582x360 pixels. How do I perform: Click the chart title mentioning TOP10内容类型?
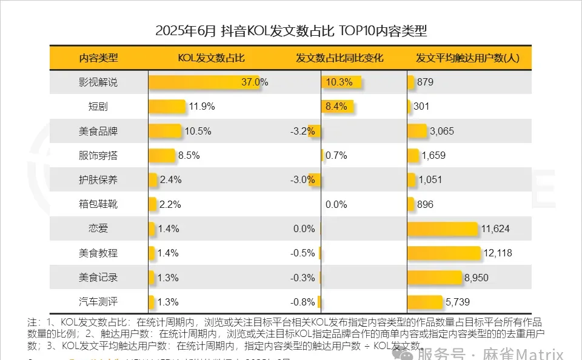(291, 31)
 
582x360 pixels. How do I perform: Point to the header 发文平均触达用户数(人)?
(467, 59)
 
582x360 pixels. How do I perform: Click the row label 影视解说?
(98, 82)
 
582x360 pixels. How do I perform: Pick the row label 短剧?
(98, 107)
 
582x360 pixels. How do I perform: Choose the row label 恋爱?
(98, 228)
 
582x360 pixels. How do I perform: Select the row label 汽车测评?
(98, 302)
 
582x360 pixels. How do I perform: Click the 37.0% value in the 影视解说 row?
(254, 82)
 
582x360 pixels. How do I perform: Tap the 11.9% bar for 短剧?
(167, 107)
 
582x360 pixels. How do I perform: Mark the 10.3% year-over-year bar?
(341, 82)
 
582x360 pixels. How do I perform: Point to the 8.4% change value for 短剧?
(336, 107)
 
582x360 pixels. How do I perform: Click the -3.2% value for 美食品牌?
(303, 131)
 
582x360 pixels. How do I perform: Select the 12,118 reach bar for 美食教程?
(444, 253)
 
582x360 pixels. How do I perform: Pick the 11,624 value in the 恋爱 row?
(495, 228)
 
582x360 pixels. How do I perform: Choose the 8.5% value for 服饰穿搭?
(189, 155)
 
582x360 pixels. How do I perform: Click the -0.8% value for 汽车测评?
(303, 302)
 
